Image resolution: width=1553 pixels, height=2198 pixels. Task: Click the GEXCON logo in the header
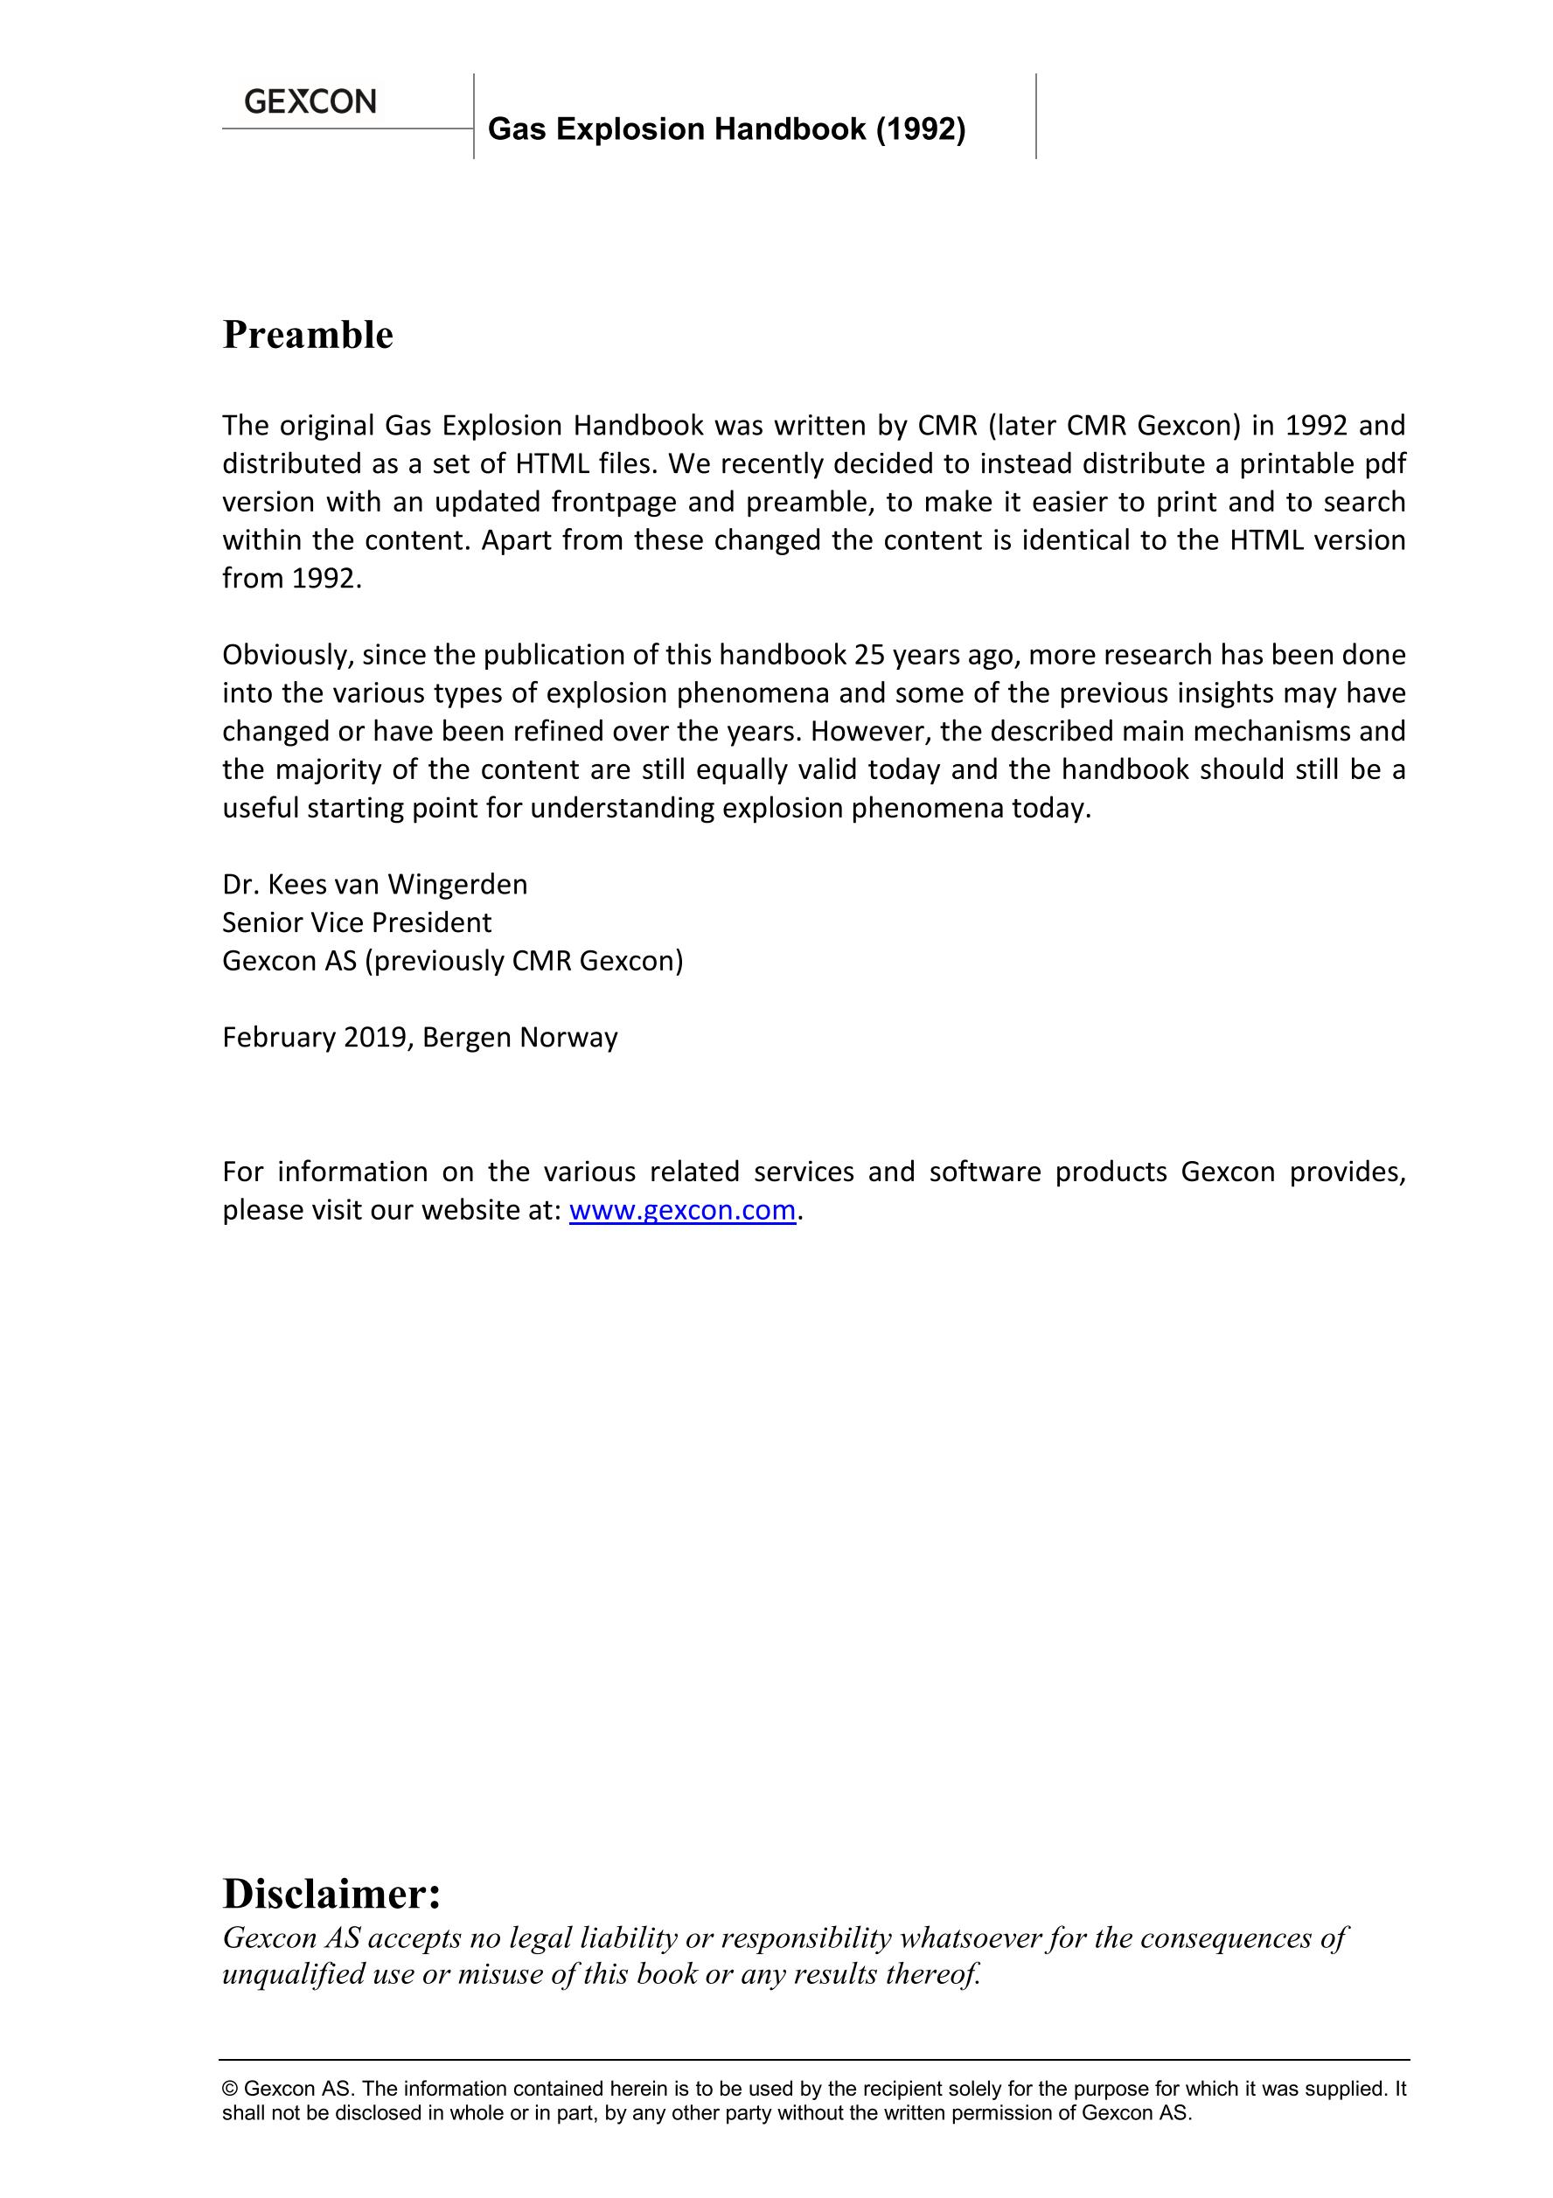point(310,101)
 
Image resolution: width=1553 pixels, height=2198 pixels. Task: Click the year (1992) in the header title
point(920,129)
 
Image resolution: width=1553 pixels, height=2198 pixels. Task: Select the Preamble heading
point(307,335)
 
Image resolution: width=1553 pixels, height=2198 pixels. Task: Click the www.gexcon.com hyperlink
point(682,1210)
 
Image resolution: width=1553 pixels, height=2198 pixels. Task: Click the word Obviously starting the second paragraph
point(289,655)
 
